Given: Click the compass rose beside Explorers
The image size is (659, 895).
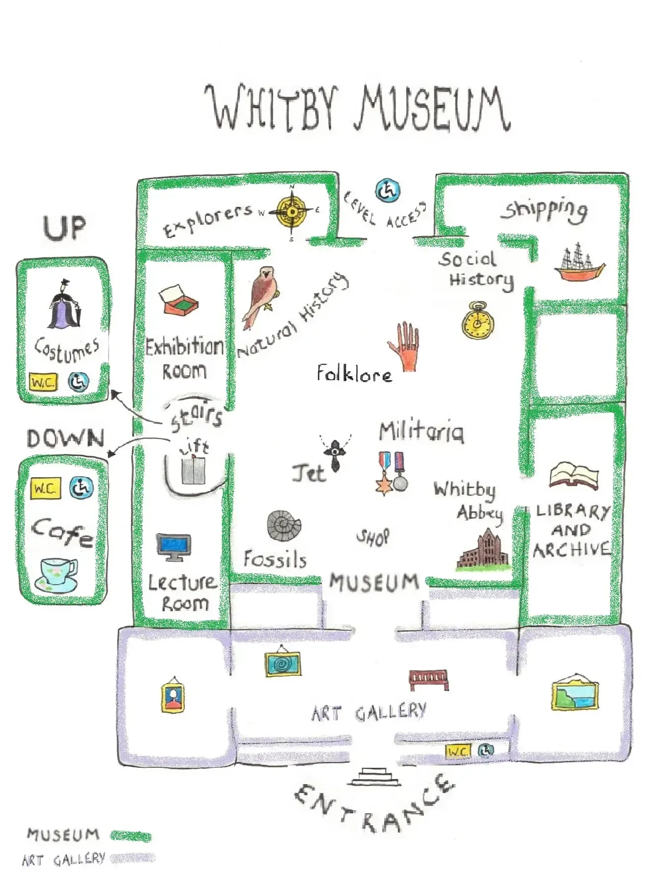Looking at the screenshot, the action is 292,212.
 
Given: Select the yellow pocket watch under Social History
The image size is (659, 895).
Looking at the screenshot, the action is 477,321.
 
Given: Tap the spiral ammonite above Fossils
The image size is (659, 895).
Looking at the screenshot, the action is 284,526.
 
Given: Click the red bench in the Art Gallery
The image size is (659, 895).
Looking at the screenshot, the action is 429,680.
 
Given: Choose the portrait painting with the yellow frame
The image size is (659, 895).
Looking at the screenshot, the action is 172,695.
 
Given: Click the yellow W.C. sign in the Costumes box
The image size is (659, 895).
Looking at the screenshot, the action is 44,382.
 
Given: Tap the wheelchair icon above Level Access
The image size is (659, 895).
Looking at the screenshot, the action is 388,191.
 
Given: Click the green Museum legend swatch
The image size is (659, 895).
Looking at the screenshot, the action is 131,837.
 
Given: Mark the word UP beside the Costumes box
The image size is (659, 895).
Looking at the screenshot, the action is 65,228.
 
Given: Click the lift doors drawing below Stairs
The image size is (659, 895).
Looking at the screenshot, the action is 193,471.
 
